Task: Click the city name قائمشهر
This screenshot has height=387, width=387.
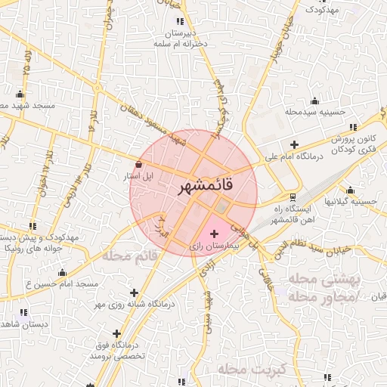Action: [x=206, y=184]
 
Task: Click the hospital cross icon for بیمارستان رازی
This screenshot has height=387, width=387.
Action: [x=214, y=234]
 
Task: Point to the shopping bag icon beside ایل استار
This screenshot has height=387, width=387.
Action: [x=138, y=165]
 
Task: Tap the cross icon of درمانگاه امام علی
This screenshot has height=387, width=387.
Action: [x=294, y=144]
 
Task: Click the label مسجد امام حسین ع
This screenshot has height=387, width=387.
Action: [x=63, y=283]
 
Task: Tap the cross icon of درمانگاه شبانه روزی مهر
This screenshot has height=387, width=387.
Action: [x=134, y=292]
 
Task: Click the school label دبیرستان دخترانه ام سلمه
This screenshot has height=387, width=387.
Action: [x=181, y=39]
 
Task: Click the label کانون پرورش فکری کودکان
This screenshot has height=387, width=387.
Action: [x=354, y=144]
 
